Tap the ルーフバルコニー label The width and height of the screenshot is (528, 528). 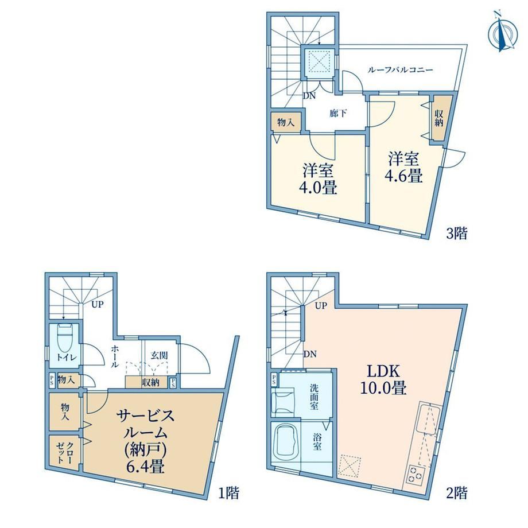click(x=399, y=70)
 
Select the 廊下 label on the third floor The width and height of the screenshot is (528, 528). click(x=338, y=113)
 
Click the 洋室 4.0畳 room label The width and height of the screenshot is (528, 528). click(x=318, y=179)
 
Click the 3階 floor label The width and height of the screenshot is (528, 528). click(x=457, y=233)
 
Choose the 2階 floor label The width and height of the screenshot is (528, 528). click(x=457, y=494)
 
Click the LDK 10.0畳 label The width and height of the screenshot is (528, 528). click(x=383, y=380)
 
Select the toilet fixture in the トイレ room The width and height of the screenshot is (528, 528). click(x=65, y=337)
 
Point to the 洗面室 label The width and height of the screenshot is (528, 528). click(x=314, y=396)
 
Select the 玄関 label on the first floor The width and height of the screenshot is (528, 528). click(x=159, y=356)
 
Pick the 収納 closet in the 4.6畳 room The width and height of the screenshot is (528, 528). click(x=439, y=119)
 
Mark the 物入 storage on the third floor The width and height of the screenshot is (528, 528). click(x=286, y=123)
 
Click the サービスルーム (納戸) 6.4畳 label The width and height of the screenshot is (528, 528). click(x=146, y=441)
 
